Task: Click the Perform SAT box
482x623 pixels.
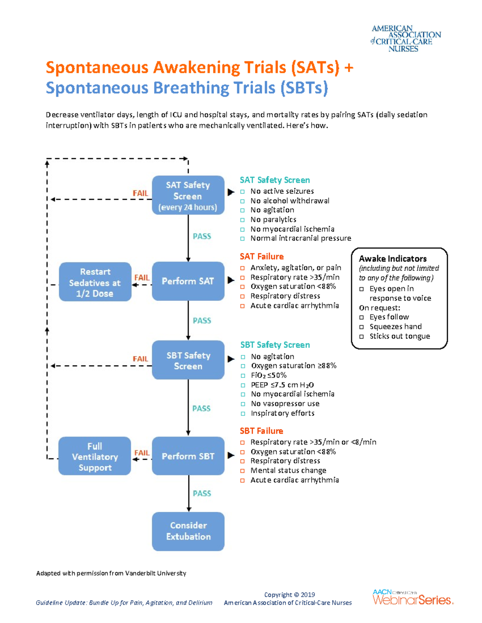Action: [188, 281]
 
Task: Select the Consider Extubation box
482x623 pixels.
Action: [188, 531]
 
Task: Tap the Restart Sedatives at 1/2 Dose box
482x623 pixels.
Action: [95, 282]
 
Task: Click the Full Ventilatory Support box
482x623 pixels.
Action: [95, 456]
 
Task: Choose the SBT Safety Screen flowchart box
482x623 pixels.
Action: [188, 360]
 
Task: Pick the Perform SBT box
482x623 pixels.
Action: [188, 456]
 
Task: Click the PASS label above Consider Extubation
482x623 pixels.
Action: [202, 493]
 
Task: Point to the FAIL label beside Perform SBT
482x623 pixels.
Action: [142, 453]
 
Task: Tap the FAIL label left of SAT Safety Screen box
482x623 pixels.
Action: [140, 193]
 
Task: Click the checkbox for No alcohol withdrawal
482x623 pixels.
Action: [243, 201]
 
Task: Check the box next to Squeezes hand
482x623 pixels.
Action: [361, 327]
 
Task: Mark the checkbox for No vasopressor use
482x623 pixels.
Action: [243, 404]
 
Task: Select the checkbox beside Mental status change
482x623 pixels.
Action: [243, 471]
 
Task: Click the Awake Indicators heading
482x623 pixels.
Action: [392, 259]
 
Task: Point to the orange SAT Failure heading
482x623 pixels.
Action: [261, 256]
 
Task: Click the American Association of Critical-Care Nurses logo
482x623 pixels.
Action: [405, 39]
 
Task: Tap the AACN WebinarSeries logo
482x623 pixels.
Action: [413, 597]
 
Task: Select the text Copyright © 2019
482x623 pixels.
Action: [289, 595]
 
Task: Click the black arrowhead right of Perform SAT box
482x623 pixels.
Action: [231, 280]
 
